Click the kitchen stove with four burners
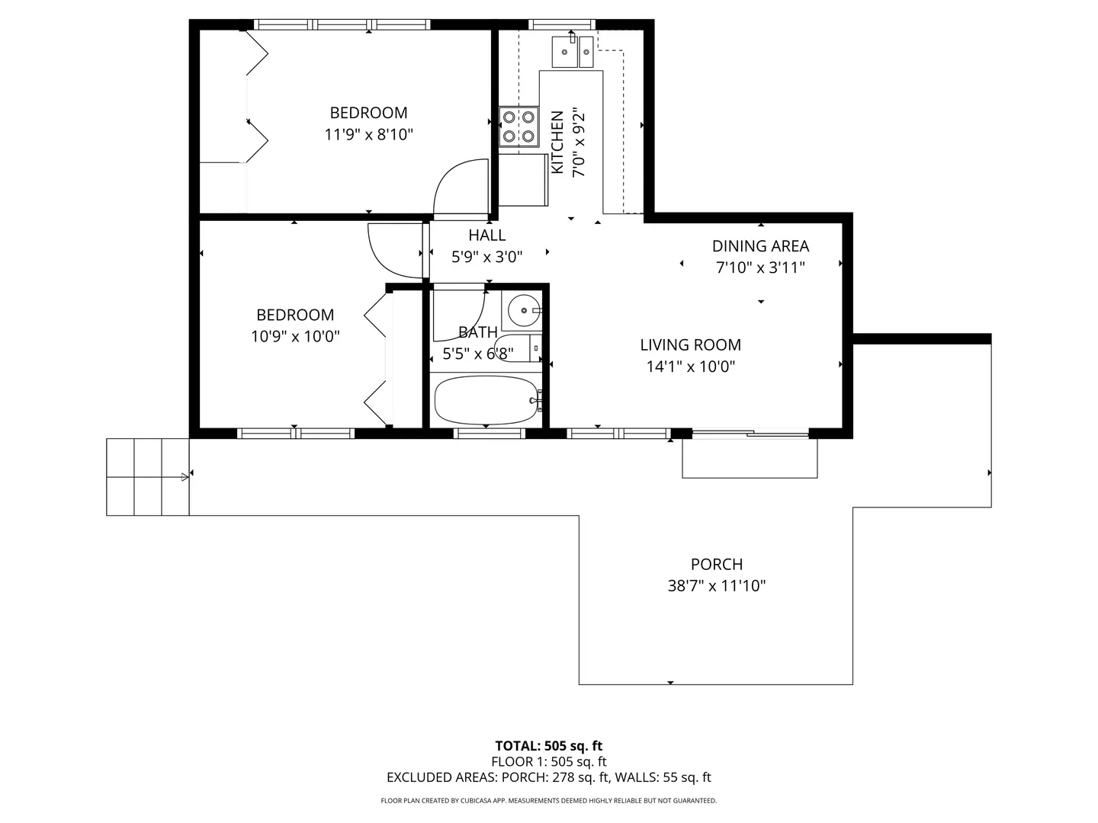518,127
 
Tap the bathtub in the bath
486,400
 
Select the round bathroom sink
524,310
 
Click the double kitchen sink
573,52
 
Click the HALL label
486,235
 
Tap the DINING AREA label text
760,246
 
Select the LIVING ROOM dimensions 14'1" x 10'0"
690,367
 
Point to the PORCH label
716,564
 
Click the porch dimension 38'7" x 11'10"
716,585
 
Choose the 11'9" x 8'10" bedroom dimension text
368,134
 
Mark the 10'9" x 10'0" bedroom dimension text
295,336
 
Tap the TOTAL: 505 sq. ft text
549,745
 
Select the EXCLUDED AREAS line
549,777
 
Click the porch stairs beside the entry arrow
148,477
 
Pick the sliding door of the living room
750,434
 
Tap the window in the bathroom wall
490,434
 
